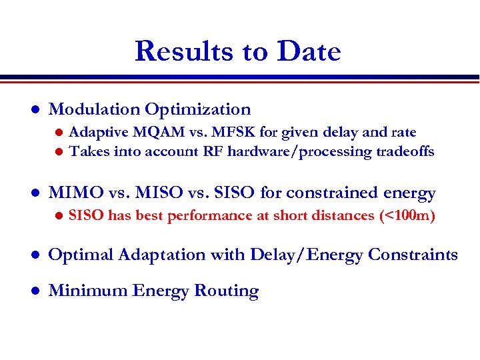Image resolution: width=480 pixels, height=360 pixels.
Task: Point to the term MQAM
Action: (155, 132)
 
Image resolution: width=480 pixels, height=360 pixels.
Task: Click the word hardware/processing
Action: (299, 151)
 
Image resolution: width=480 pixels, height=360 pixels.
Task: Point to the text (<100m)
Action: (407, 215)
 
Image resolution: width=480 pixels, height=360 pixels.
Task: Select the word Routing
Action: (226, 291)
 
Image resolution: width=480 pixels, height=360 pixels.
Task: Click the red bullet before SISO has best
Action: (58, 216)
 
